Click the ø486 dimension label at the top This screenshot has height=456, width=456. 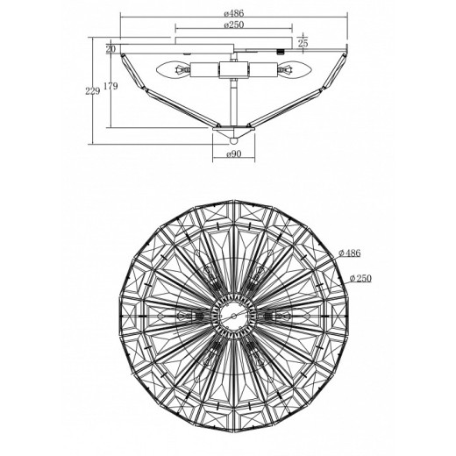coord(233,13)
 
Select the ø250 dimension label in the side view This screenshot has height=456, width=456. coord(233,25)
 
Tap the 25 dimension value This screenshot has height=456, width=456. coord(303,43)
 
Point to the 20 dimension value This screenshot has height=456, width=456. coord(110,49)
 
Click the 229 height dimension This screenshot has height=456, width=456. coord(92,91)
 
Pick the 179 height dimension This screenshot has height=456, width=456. coord(110,86)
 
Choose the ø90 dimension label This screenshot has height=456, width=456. coord(233,153)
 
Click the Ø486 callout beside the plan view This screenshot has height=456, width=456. coord(350,253)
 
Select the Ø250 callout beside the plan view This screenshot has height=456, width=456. coord(360,278)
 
